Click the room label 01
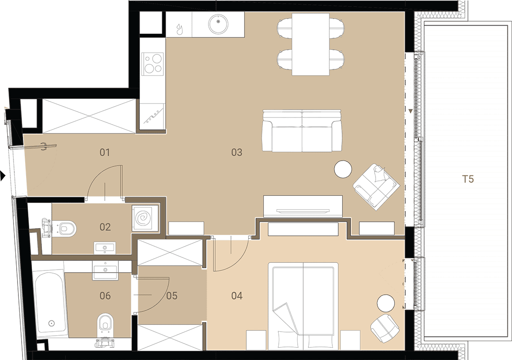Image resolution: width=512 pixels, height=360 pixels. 104,152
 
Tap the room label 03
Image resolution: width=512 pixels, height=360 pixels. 237,152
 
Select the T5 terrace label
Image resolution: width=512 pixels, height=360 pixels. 467,179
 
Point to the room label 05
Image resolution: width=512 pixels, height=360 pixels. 172,296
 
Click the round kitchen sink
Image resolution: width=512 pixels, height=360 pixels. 218,24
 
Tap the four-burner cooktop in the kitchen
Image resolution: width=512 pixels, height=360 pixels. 153,64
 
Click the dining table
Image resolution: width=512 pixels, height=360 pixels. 311,45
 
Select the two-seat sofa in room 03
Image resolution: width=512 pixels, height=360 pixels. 302,131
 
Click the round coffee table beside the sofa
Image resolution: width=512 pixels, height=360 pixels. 343,169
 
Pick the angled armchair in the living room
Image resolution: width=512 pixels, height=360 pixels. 376,187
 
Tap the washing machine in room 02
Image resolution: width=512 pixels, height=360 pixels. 143,218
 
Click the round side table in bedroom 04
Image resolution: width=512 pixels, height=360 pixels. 386,304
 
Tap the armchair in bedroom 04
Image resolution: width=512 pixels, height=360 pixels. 385,328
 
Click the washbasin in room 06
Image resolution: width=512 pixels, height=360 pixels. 105,270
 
